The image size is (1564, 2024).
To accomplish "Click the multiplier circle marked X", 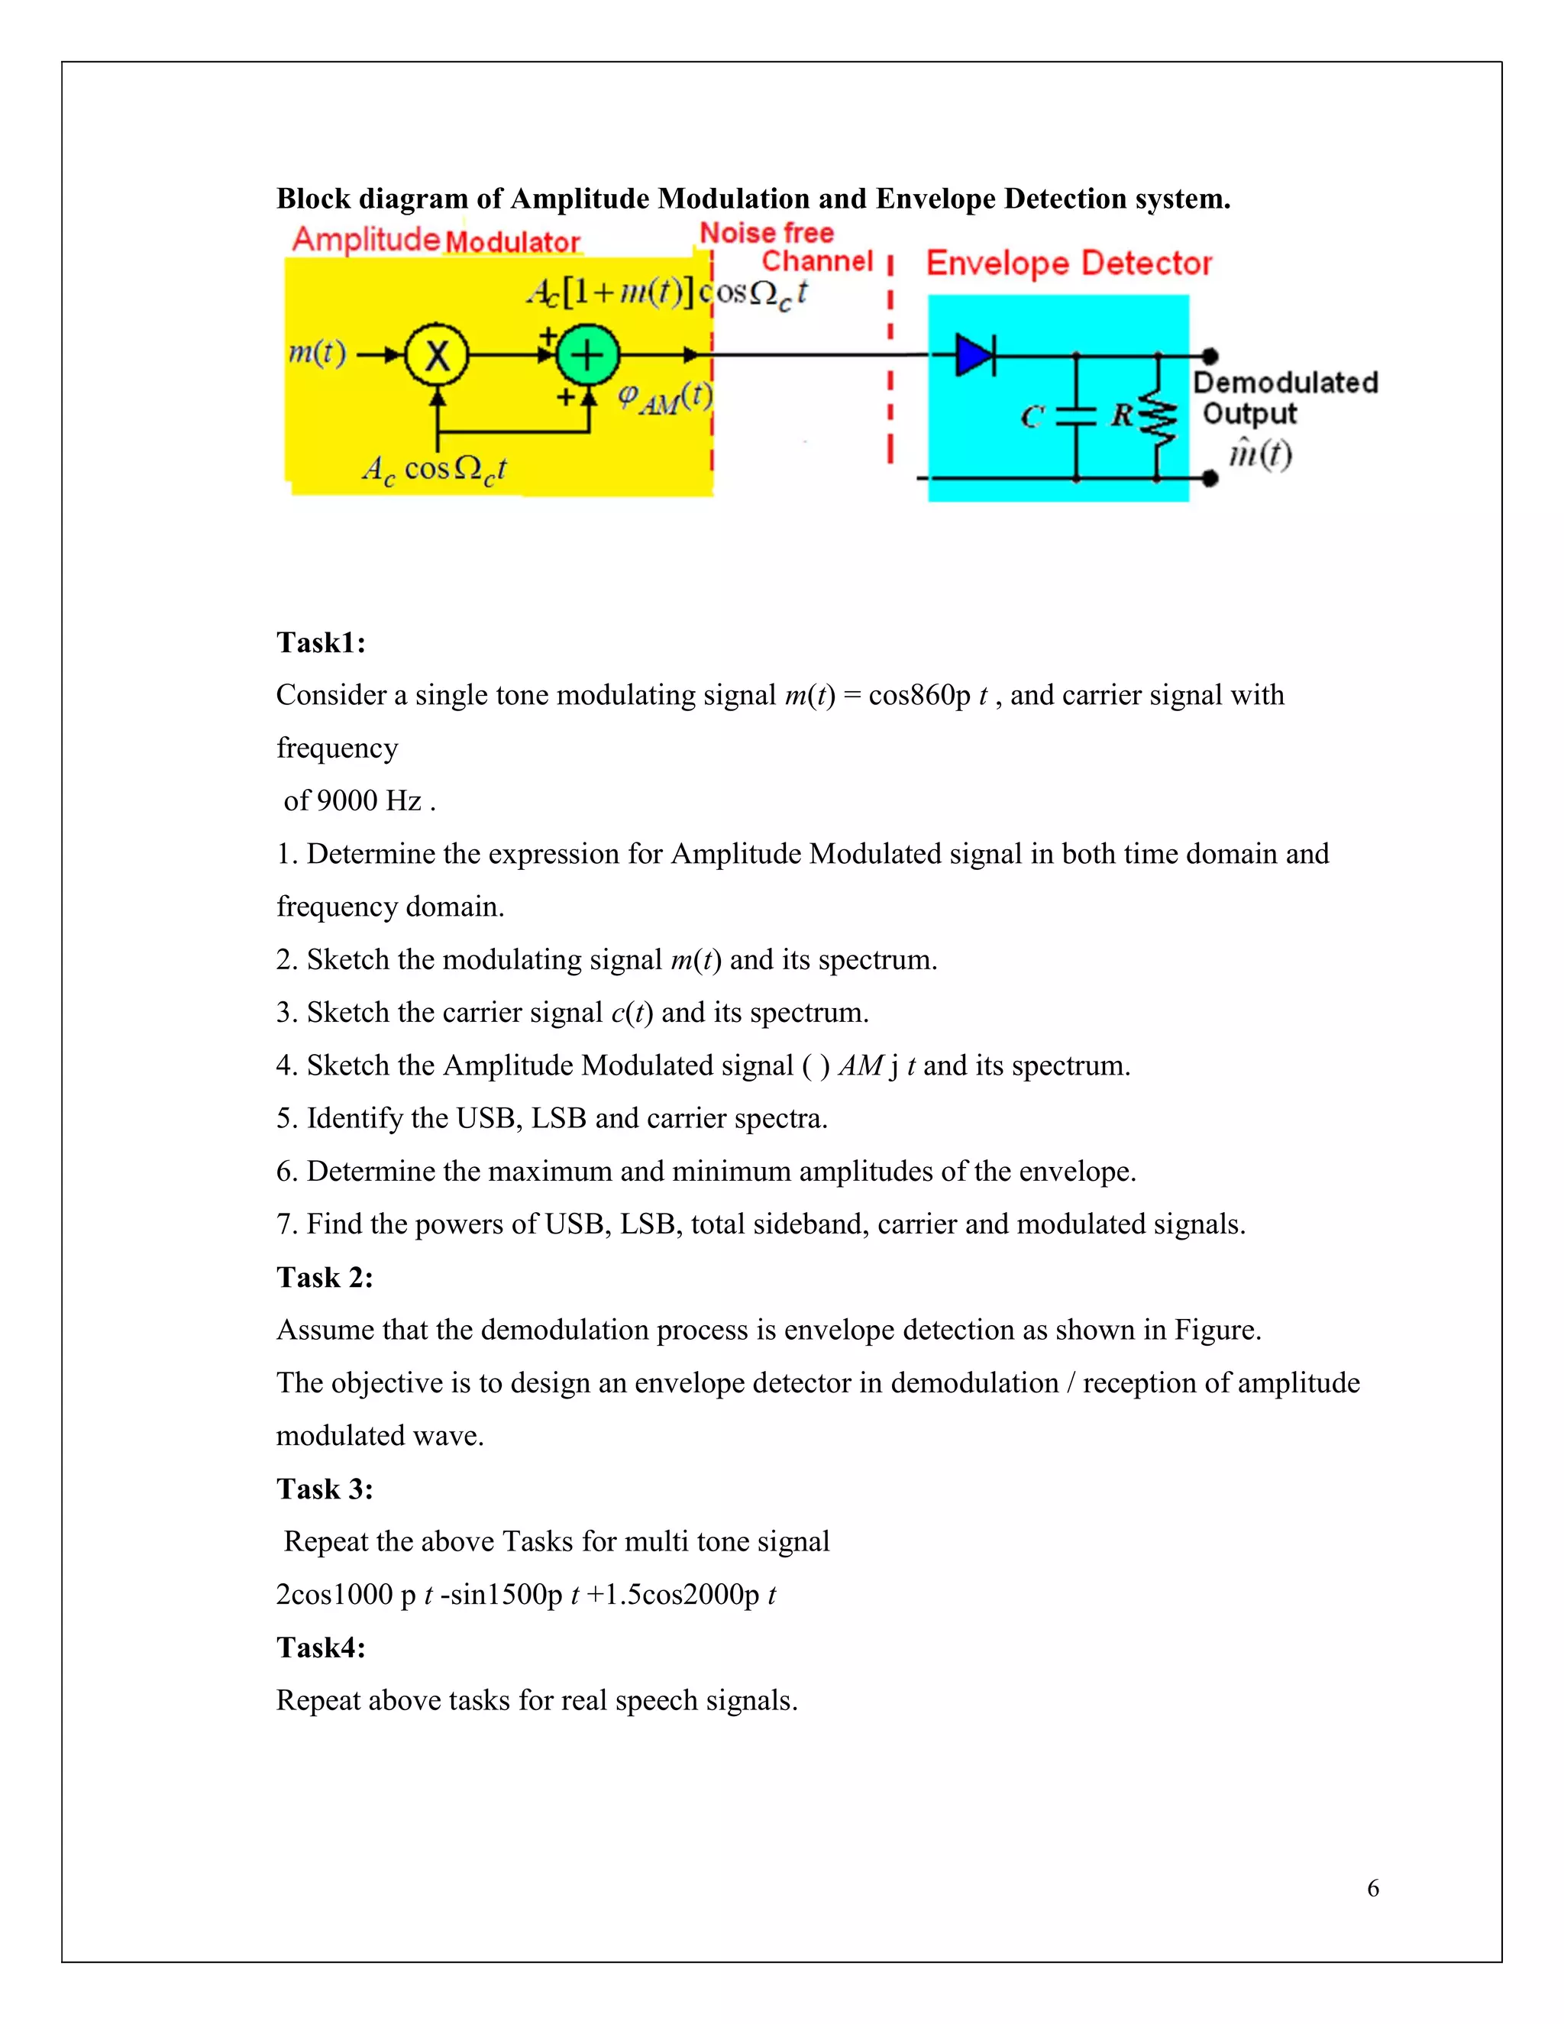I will [438, 355].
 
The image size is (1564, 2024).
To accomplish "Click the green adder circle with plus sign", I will [587, 355].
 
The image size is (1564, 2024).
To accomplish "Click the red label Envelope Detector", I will [1068, 264].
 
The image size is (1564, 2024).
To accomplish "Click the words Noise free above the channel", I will [766, 233].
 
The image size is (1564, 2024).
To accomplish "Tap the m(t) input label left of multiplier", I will [317, 353].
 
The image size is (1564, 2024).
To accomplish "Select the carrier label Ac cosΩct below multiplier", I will [434, 470].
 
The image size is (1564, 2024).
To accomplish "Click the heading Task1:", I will [321, 642].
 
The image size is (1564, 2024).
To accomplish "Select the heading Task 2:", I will [325, 1277].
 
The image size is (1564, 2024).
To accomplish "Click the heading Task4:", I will [321, 1647].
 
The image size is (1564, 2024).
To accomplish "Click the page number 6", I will [1372, 1888].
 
